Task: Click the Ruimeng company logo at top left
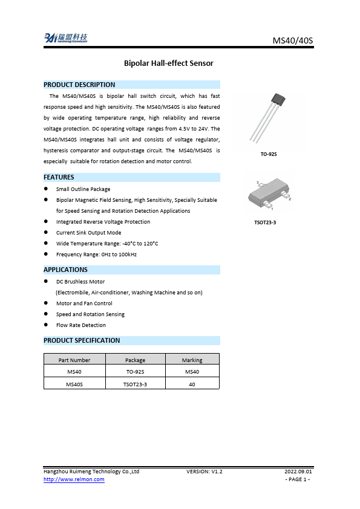pos(65,39)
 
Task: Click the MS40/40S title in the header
pos(293,41)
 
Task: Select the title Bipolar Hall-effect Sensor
pos(168,63)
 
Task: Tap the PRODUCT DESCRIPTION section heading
pos(79,85)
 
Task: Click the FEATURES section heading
pos(59,177)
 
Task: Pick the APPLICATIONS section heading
pos(65,270)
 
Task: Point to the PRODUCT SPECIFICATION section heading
pos(82,340)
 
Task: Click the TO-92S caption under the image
pos(269,155)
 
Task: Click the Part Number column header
pos(75,360)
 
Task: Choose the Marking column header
pos(192,360)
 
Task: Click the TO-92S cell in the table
pos(135,371)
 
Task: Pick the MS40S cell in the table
pos(75,383)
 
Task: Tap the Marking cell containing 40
pos(192,383)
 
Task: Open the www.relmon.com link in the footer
pos(74,479)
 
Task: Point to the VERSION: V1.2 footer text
pos(205,471)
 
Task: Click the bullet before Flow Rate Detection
pos(46,325)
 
